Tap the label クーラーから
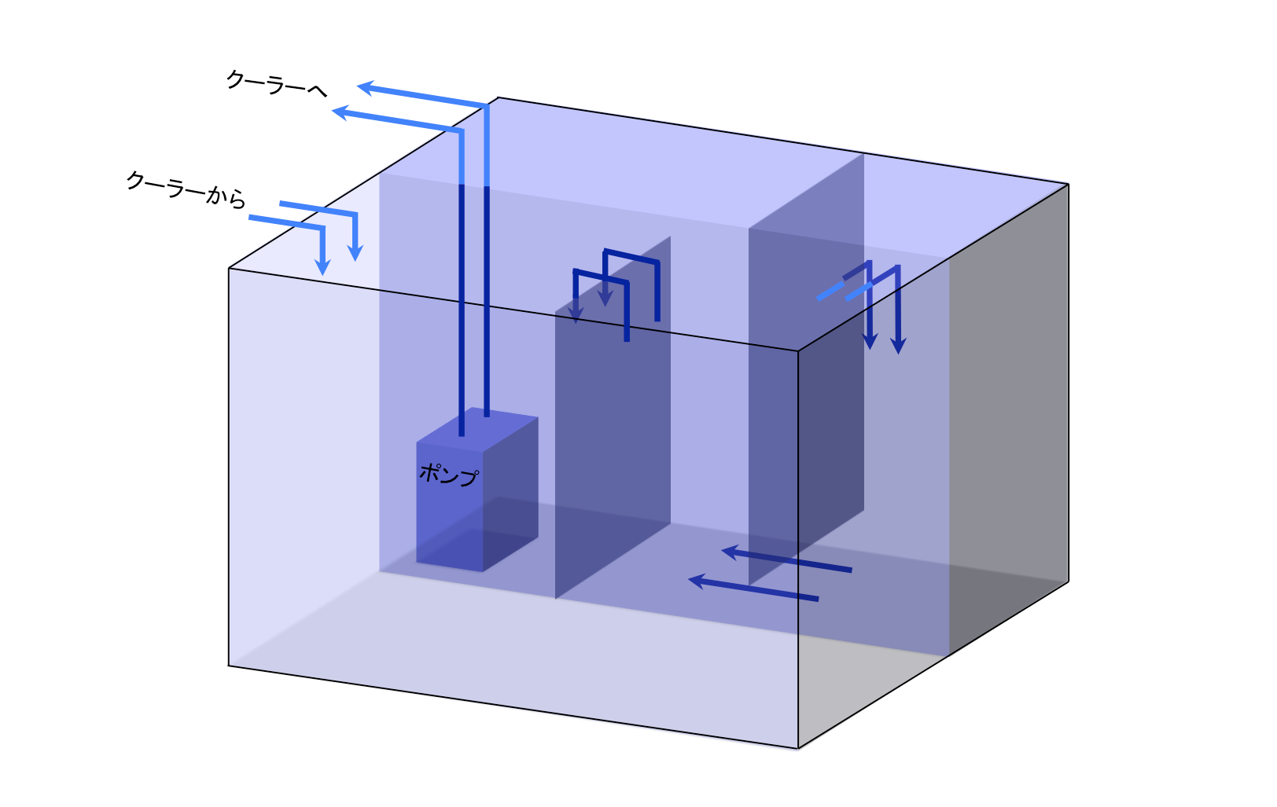point(186,188)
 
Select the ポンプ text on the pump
point(448,474)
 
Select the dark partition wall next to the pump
point(613,424)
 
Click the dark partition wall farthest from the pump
point(806,393)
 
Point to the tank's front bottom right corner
point(798,748)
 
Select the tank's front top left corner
point(229,269)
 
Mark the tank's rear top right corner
point(1068,184)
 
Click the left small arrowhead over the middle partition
point(576,316)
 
